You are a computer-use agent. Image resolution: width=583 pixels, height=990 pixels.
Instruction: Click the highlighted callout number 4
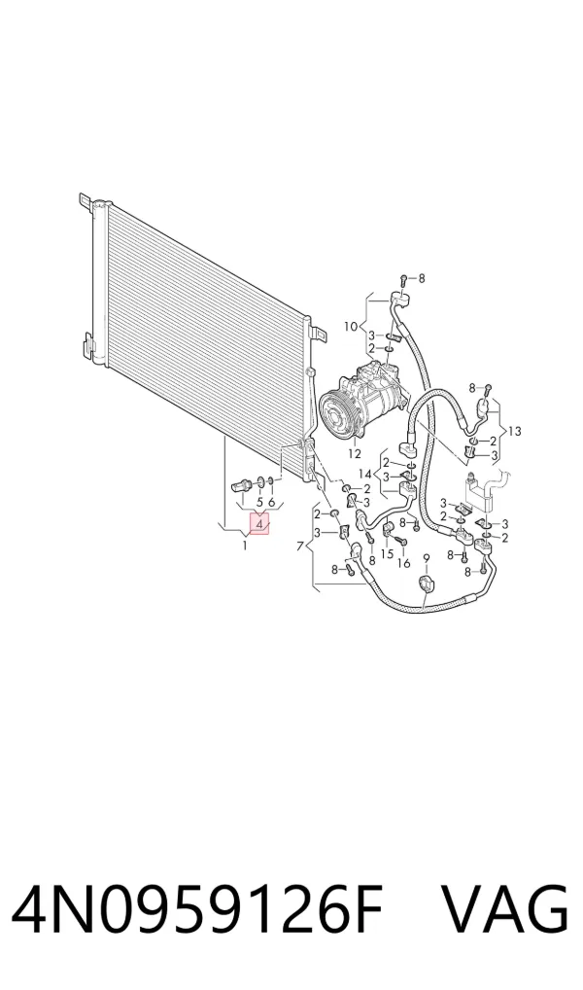(x=259, y=523)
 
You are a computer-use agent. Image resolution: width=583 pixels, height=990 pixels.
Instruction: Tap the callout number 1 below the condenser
(x=245, y=545)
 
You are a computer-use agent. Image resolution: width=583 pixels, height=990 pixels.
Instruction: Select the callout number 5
(x=259, y=502)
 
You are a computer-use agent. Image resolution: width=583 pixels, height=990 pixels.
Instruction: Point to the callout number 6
(x=272, y=502)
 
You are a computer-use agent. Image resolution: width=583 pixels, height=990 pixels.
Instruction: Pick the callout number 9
(x=426, y=557)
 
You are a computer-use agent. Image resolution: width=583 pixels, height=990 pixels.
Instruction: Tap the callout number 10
(x=351, y=327)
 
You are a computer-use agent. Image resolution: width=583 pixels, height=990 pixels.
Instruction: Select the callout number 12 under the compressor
(x=354, y=453)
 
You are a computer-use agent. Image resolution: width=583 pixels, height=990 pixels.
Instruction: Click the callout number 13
(x=515, y=431)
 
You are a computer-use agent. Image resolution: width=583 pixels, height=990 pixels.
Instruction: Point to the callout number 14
(x=365, y=474)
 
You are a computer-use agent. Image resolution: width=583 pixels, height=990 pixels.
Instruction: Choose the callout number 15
(x=388, y=553)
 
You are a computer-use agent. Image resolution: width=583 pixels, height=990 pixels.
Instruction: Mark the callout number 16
(x=404, y=562)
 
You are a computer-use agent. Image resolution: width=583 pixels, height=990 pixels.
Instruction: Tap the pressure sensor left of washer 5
(x=241, y=485)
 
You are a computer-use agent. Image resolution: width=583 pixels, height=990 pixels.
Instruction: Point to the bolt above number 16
(x=400, y=541)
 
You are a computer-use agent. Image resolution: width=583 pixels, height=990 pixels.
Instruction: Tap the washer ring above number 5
(x=261, y=483)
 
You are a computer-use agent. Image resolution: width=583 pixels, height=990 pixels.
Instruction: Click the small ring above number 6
(x=271, y=483)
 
